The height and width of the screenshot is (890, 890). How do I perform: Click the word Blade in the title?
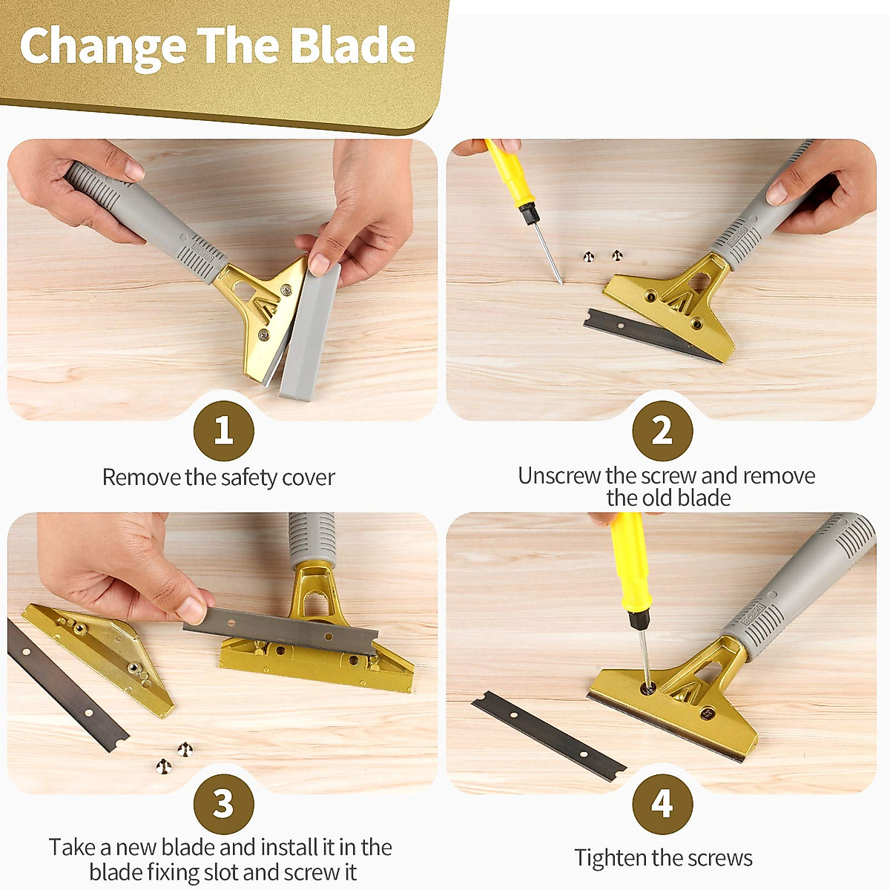[x=352, y=46]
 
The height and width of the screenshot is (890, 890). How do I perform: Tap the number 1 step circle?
[x=223, y=431]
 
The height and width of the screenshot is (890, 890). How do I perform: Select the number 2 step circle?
[x=662, y=431]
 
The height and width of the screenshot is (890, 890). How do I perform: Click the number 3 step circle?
[x=223, y=804]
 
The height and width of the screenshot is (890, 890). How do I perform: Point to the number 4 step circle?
[x=662, y=804]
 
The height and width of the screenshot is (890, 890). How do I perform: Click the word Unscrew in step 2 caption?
[x=558, y=475]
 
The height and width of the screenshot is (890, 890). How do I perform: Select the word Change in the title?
[x=102, y=46]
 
